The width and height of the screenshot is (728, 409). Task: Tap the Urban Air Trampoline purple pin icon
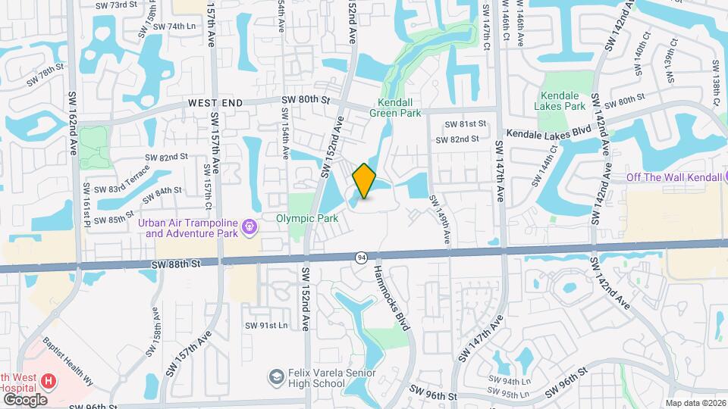[247, 226]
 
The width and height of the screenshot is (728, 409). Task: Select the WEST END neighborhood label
[215, 102]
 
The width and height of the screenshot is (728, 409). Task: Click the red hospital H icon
[49, 381]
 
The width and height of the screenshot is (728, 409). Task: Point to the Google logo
[25, 399]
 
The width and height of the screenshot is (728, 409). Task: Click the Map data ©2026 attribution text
[695, 403]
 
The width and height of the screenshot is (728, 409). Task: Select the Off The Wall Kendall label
[670, 177]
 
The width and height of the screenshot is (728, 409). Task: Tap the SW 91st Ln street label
[266, 326]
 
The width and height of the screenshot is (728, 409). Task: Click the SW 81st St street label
[465, 123]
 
